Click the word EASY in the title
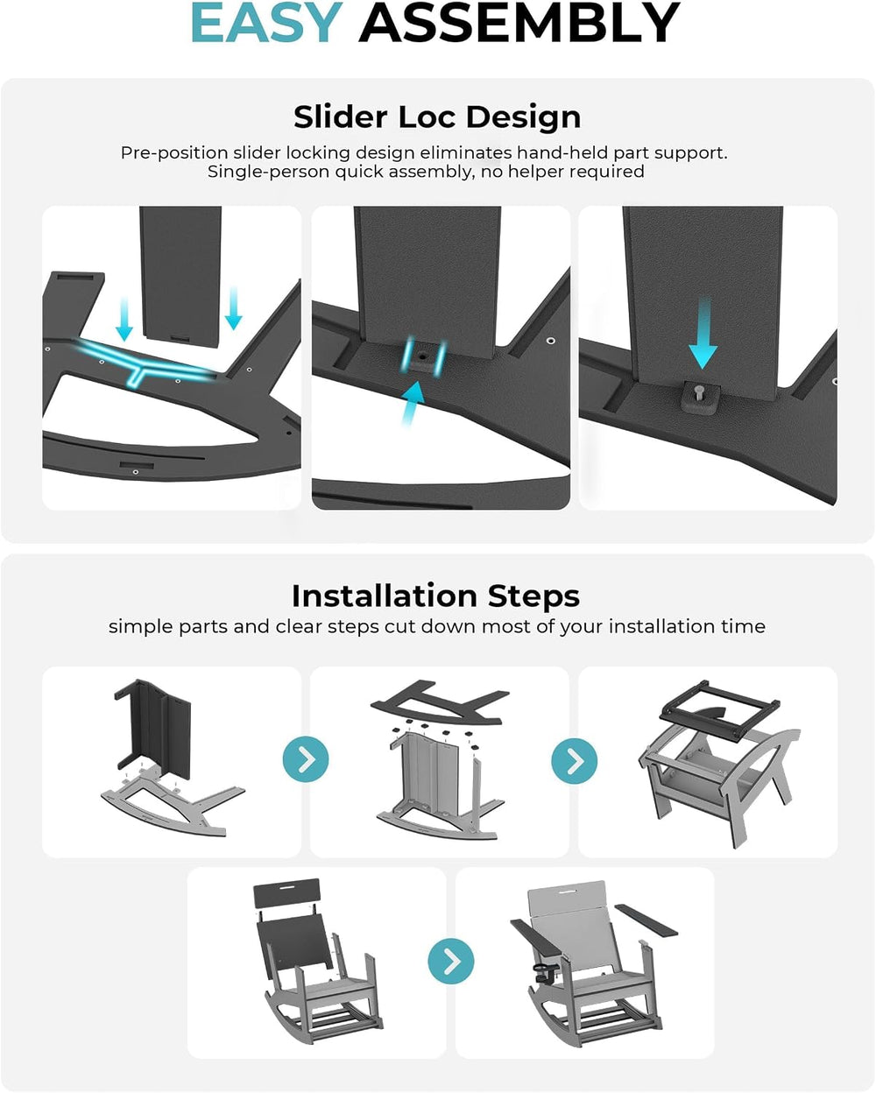266,23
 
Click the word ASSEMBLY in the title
519,23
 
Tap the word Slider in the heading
342,116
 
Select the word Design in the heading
523,118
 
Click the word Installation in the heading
385,596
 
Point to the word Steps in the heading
533,596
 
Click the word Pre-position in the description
173,153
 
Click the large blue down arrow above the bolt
703,333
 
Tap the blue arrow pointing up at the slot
413,403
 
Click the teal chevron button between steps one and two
306,759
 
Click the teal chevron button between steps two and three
574,761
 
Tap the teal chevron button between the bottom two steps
451,961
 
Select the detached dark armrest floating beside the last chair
646,920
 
